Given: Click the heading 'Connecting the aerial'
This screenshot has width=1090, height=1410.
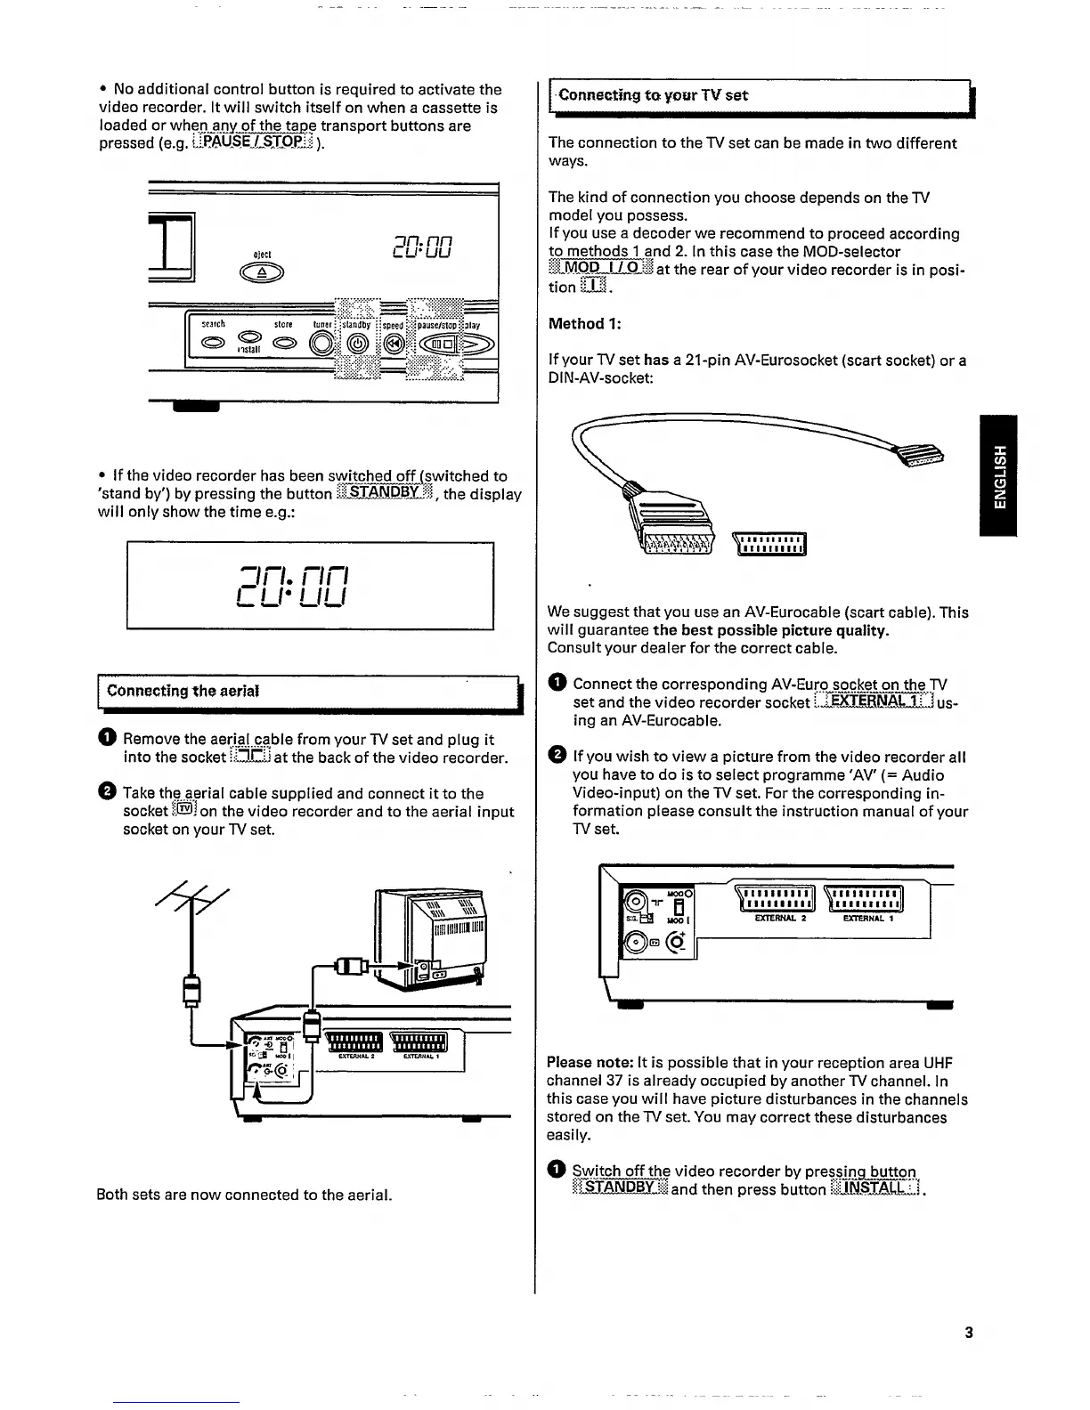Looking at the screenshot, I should point(183,691).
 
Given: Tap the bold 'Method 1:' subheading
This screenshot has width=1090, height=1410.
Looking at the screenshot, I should point(585,324).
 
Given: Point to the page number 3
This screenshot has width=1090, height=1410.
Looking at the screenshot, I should point(968,1333).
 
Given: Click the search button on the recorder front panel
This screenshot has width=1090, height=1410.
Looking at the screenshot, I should point(215,343).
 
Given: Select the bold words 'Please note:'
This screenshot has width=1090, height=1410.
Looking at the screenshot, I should point(590,1063).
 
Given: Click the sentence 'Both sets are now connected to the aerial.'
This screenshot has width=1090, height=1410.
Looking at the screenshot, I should point(244,1195).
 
